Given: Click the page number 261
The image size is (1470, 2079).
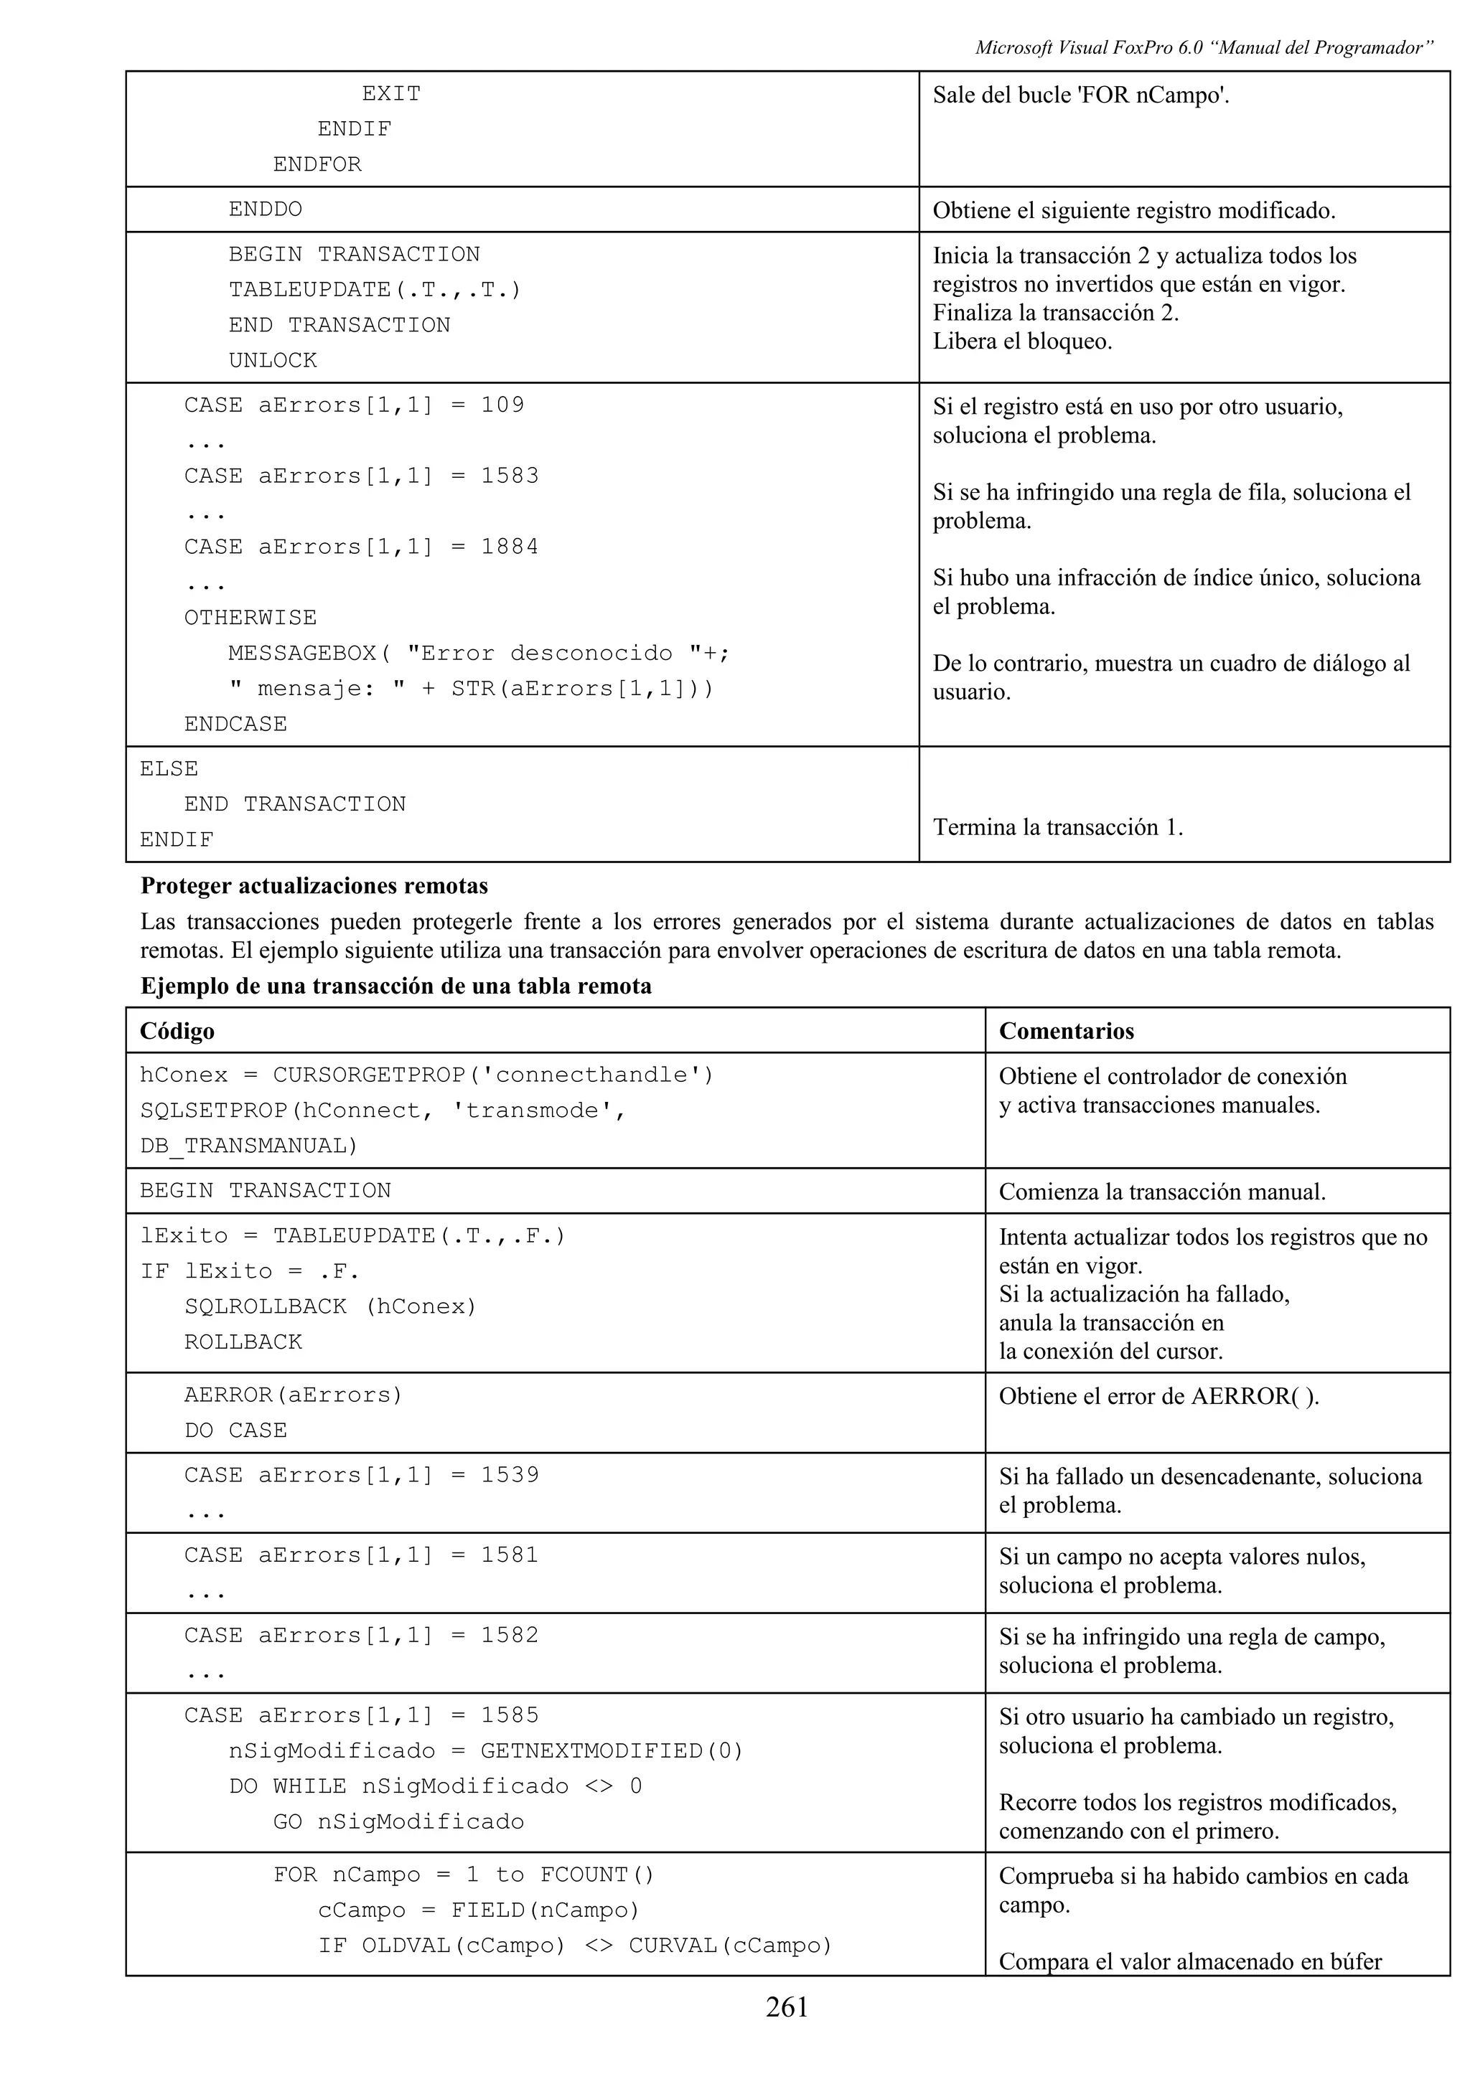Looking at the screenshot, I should pos(786,2007).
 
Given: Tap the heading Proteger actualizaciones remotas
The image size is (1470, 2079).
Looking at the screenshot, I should pos(314,885).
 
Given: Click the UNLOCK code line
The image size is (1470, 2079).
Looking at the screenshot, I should pos(273,360).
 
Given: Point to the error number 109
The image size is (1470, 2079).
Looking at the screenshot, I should pos(502,405).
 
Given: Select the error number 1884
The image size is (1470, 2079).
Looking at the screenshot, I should pos(509,546).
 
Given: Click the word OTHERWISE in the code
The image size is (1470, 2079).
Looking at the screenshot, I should pos(250,618).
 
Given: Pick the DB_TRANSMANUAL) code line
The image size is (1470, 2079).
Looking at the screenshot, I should pos(249,1146).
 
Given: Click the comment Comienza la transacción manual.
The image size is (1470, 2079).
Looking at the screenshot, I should pos(1162,1192).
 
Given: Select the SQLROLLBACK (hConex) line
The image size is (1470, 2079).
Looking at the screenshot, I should pos(331,1306).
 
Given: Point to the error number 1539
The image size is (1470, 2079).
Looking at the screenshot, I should pos(509,1474).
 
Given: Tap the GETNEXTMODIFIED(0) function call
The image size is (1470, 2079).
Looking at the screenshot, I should pos(612,1750).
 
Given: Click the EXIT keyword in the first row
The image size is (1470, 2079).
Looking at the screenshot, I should pos(391,94).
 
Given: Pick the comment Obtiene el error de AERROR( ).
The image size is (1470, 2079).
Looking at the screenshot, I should pos(1158,1396).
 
